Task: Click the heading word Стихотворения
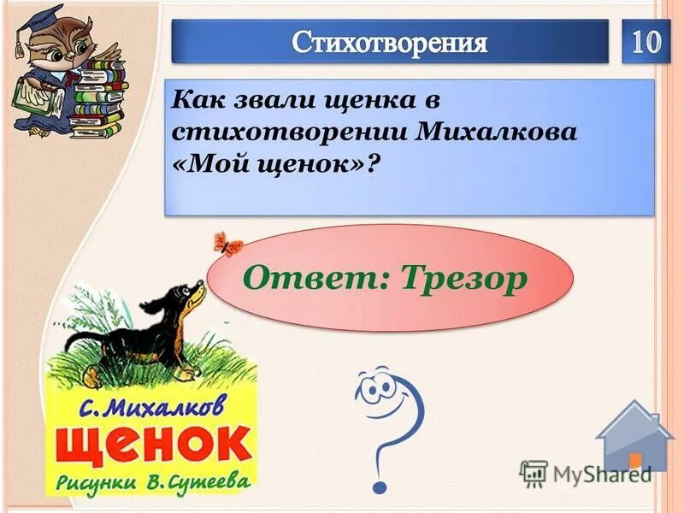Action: click(389, 43)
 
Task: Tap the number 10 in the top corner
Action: click(646, 42)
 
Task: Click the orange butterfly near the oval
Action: click(227, 243)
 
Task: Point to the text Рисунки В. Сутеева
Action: click(154, 482)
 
